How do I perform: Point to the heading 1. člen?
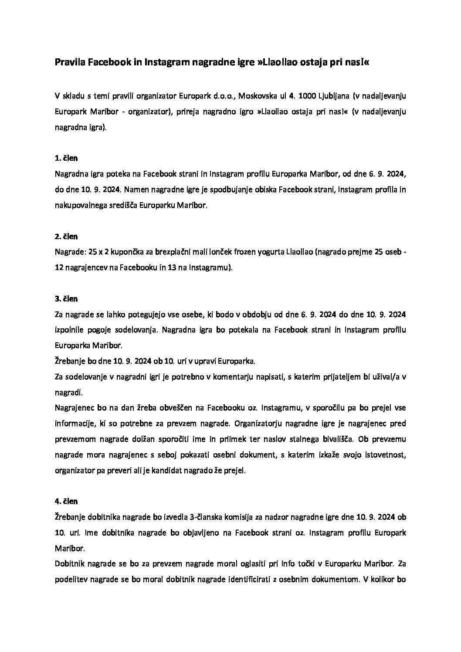(x=66, y=158)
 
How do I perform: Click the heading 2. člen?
(x=66, y=236)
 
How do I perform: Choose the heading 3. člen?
(x=66, y=299)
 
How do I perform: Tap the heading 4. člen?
(x=66, y=501)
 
